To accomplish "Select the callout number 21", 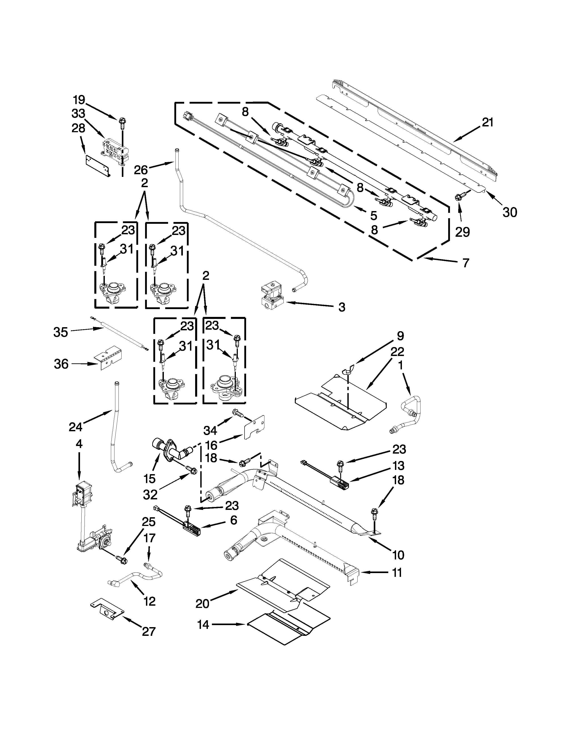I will (x=487, y=122).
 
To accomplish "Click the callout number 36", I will (x=61, y=364).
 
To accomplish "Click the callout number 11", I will (x=397, y=573).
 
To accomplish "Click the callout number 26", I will (x=141, y=170).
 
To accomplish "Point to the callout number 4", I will (x=79, y=444).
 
